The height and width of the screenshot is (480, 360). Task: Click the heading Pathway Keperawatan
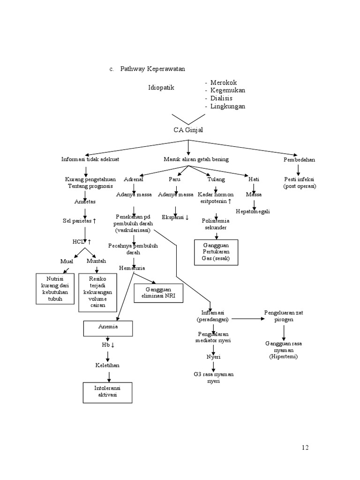click(x=152, y=69)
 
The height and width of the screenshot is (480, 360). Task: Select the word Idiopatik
click(x=161, y=87)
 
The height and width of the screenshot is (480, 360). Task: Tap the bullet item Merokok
click(x=224, y=82)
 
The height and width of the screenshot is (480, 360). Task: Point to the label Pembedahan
click(x=299, y=159)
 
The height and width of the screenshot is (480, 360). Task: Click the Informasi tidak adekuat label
click(x=90, y=159)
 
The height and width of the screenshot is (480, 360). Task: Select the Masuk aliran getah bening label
click(x=195, y=159)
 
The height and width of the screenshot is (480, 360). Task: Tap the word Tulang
click(x=216, y=179)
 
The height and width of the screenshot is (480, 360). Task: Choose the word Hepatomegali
click(x=253, y=211)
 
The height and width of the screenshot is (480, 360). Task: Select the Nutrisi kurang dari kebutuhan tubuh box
click(x=55, y=288)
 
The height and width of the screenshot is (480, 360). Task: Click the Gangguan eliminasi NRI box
click(x=157, y=293)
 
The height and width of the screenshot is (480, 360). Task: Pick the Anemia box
click(x=108, y=328)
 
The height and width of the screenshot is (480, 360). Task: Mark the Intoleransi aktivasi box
click(x=108, y=392)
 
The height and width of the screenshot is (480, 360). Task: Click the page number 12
click(x=305, y=447)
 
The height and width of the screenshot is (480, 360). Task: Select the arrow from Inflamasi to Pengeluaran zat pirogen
click(x=247, y=319)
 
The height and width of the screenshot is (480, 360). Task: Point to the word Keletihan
click(x=108, y=365)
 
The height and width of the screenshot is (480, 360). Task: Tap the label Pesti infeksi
click(x=300, y=182)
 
